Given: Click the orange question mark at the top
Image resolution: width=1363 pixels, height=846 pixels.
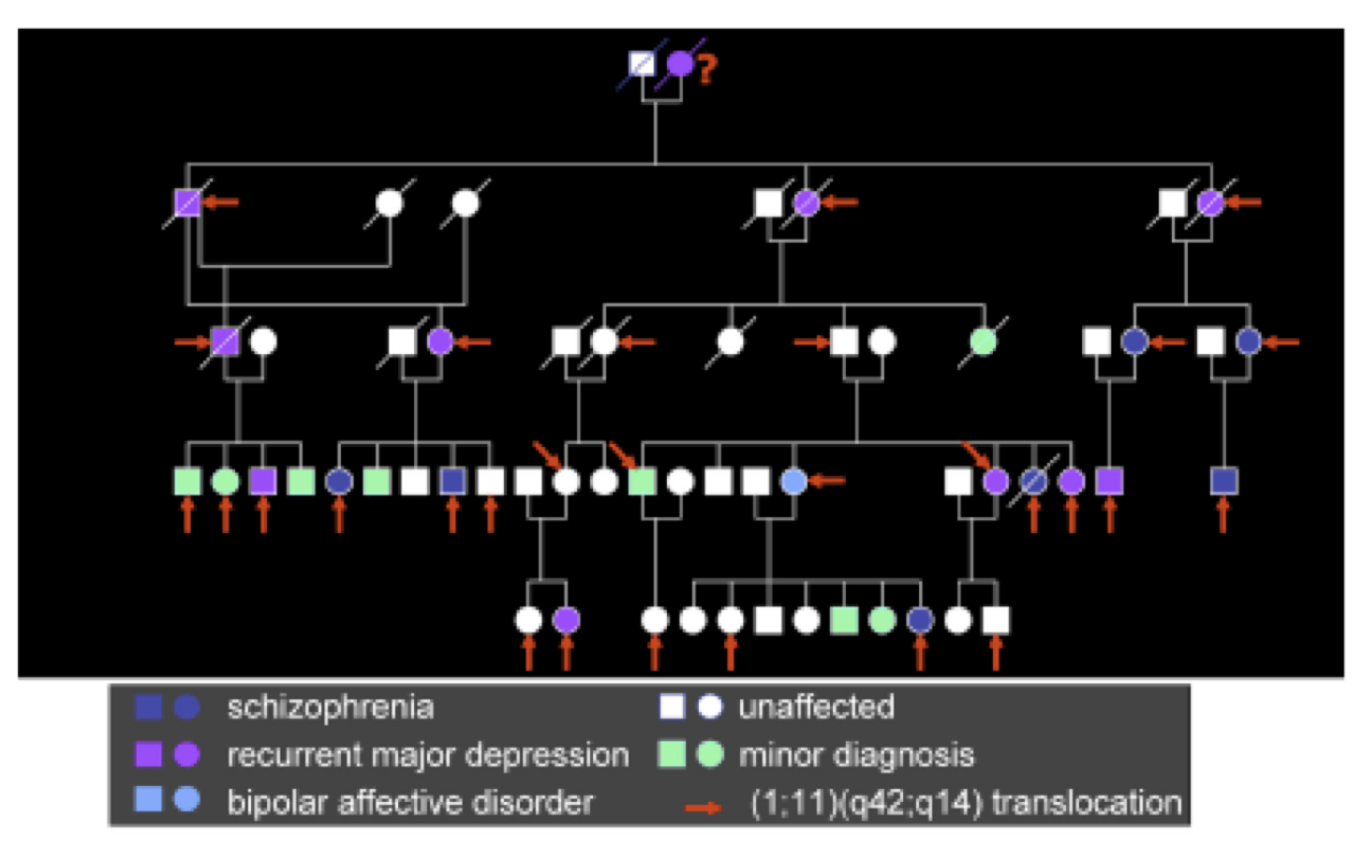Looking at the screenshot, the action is pyautogui.click(x=707, y=68).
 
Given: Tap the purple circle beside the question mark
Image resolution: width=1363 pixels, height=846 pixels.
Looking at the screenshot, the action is pyautogui.click(x=680, y=64).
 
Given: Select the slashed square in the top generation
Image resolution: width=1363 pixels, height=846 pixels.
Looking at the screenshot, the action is pyautogui.click(x=642, y=64).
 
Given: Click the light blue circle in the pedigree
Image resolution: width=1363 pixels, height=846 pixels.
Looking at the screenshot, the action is pyautogui.click(x=793, y=481).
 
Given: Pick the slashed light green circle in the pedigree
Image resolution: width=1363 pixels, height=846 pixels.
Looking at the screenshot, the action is pyautogui.click(x=984, y=341).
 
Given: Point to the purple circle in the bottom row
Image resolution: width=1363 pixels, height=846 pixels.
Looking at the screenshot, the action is pyautogui.click(x=567, y=619).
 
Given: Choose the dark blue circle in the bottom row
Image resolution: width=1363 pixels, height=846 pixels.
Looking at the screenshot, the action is pyautogui.click(x=920, y=619).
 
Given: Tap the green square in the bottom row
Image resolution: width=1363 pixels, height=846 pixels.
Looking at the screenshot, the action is pyautogui.click(x=844, y=619).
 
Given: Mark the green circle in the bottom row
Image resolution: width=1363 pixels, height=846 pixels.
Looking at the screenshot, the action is pyautogui.click(x=882, y=619).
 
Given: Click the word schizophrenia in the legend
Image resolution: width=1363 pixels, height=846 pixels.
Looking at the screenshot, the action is pyautogui.click(x=331, y=707).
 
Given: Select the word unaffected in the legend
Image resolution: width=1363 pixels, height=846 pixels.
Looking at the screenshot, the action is pyautogui.click(x=816, y=706).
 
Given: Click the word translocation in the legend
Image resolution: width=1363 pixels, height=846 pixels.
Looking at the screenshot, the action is pyautogui.click(x=1087, y=802).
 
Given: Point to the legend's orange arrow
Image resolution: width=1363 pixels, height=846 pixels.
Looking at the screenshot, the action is pyautogui.click(x=704, y=808).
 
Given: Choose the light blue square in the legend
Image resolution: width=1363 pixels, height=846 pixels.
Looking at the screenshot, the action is pyautogui.click(x=148, y=798).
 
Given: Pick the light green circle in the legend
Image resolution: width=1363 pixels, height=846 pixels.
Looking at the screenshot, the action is pyautogui.click(x=710, y=755).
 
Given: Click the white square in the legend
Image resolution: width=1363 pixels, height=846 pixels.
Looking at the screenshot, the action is pyautogui.click(x=673, y=706).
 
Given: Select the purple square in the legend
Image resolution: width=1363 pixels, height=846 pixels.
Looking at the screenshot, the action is pyautogui.click(x=148, y=755).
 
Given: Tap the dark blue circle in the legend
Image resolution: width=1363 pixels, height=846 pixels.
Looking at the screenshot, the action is pyautogui.click(x=186, y=707).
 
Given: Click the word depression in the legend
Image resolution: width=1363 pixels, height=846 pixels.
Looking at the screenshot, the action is pyautogui.click(x=547, y=756).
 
